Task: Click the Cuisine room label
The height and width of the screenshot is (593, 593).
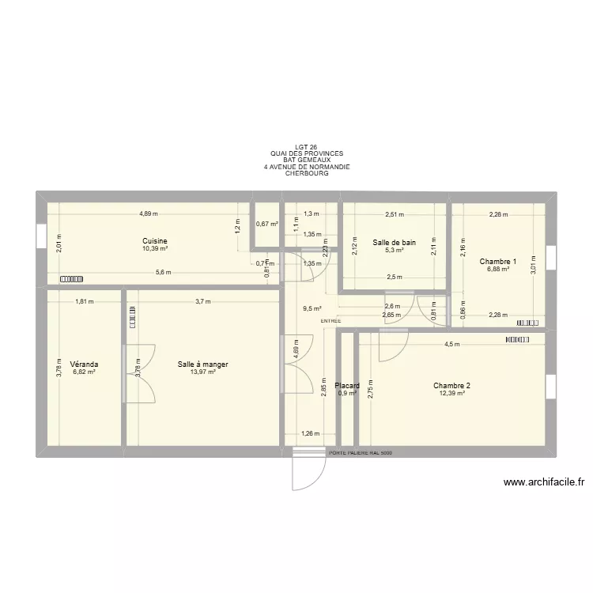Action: click(155, 241)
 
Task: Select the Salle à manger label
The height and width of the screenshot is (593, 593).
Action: click(204, 364)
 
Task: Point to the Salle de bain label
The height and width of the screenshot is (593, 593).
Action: click(394, 243)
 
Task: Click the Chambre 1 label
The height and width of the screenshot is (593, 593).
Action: click(498, 261)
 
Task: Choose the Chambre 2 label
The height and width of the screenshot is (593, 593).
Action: click(451, 386)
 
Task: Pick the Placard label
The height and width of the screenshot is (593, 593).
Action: click(348, 386)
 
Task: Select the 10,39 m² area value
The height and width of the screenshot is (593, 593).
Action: click(155, 248)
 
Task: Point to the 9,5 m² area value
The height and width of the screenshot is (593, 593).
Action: click(312, 310)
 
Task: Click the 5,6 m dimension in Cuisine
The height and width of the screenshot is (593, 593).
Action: click(163, 273)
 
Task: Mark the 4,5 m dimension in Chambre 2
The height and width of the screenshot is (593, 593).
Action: click(451, 345)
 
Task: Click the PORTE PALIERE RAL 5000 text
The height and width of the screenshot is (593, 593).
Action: click(360, 453)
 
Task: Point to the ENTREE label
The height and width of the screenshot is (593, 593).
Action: click(330, 321)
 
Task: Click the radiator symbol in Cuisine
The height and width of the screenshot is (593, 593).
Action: click(70, 278)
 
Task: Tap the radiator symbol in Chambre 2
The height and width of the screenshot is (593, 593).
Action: click(517, 339)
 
